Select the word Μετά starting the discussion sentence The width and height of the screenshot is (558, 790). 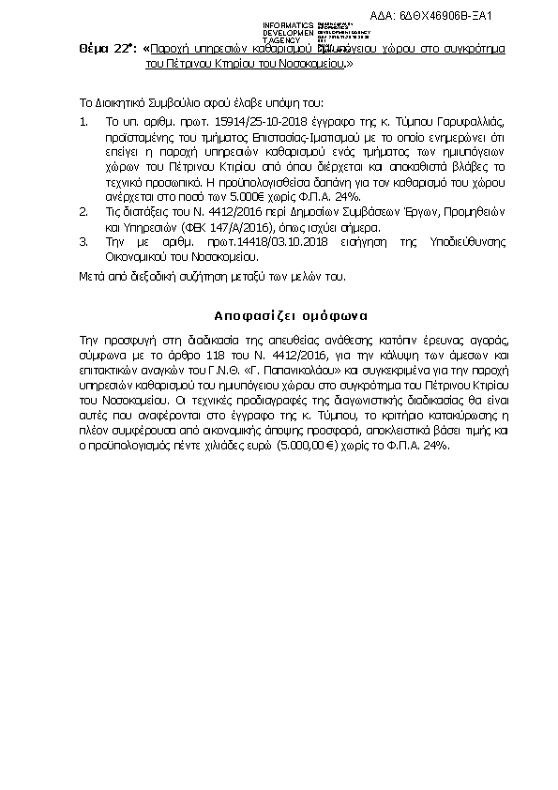pos(92,277)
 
